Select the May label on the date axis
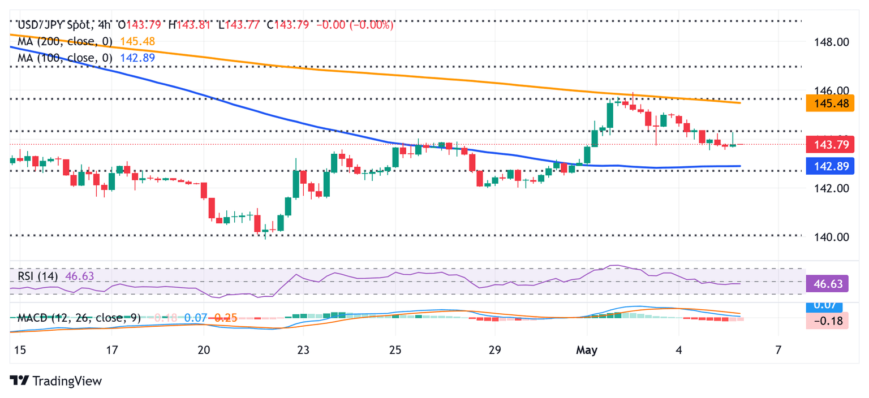click(587, 351)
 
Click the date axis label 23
click(303, 351)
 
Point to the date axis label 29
click(494, 351)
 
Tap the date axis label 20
click(204, 351)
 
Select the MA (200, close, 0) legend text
click(65, 41)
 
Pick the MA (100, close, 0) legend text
click(65, 58)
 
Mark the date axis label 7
click(778, 351)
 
